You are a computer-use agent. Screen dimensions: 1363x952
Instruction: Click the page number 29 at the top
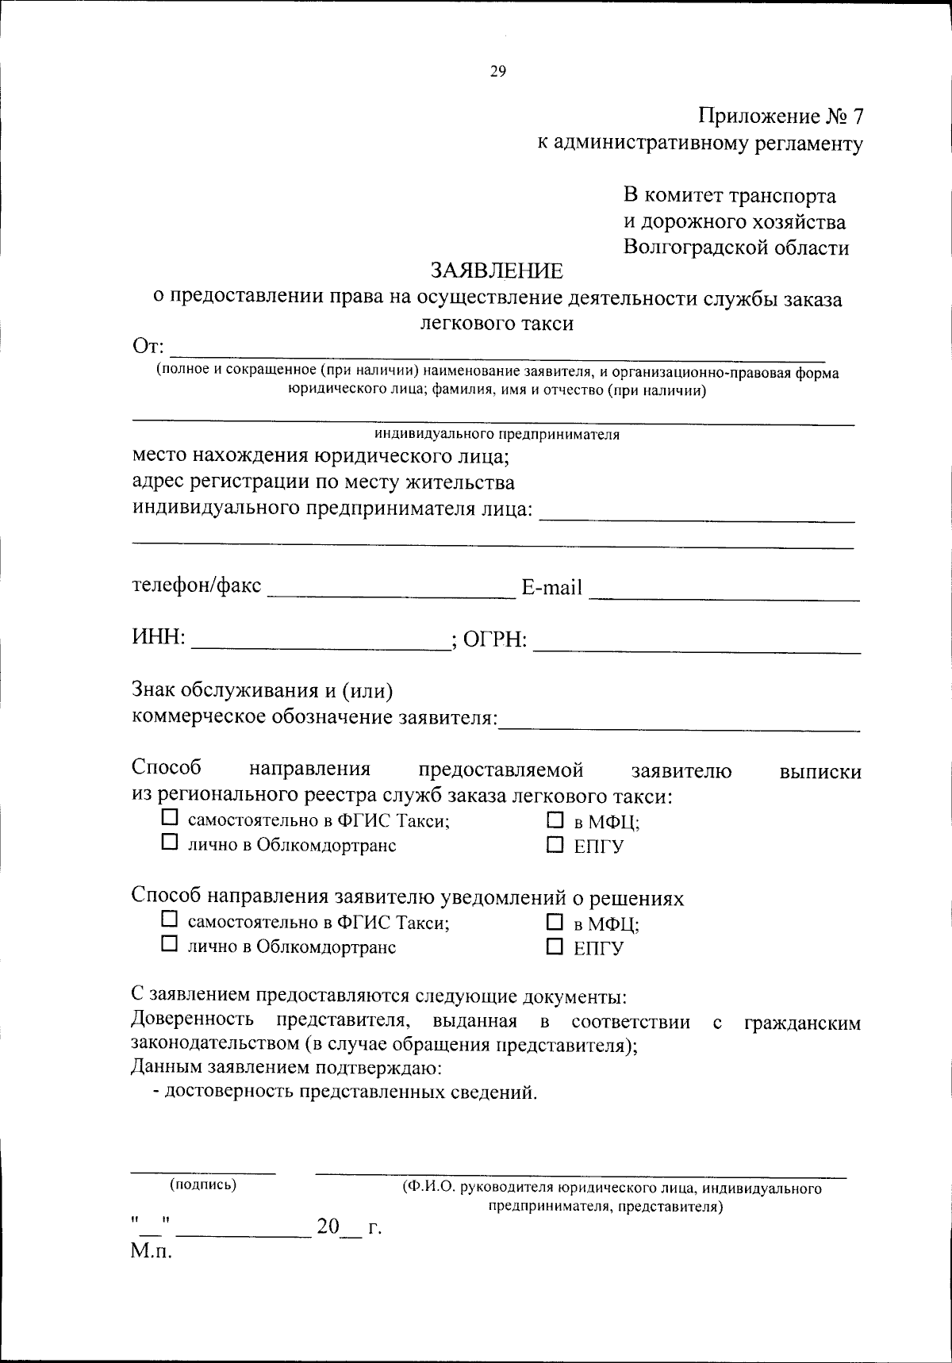point(497,71)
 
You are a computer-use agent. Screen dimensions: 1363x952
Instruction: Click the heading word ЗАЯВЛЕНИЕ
point(497,271)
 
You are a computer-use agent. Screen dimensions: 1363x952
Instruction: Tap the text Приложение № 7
point(781,117)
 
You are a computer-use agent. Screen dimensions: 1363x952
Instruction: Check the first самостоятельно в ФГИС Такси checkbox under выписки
point(169,816)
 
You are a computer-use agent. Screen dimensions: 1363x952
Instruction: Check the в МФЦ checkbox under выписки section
point(555,820)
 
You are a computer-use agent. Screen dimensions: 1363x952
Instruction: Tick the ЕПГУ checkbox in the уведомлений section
point(555,947)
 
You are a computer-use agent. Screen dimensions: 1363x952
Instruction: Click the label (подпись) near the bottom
point(203,1185)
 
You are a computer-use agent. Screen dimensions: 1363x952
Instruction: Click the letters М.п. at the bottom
point(152,1253)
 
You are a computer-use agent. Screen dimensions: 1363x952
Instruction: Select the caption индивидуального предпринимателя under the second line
point(497,435)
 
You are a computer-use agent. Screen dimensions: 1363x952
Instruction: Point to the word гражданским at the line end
point(802,1023)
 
